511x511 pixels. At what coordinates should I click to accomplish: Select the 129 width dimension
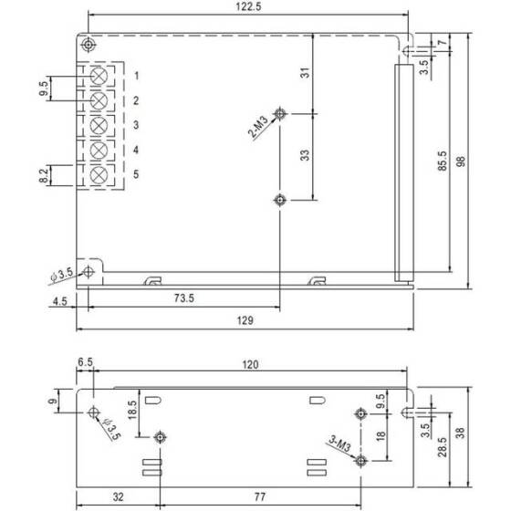tap(245, 320)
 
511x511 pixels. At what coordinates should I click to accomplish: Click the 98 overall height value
tap(462, 161)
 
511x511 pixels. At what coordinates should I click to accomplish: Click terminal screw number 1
tap(99, 75)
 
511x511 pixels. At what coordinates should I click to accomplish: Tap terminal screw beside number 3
tap(99, 124)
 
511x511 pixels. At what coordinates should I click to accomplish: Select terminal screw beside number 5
tap(99, 173)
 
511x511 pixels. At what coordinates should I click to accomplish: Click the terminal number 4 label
tap(135, 150)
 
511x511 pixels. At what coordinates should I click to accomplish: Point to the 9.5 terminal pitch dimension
tap(43, 88)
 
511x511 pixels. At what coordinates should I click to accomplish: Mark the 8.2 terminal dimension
tap(43, 174)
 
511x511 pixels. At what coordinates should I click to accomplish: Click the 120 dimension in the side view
tap(250, 364)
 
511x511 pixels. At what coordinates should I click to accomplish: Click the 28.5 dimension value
tap(442, 449)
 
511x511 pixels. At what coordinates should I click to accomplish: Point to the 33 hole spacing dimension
tap(305, 155)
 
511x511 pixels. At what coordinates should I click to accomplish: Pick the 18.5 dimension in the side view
tap(132, 408)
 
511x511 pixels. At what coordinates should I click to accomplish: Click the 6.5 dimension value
tap(86, 363)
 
